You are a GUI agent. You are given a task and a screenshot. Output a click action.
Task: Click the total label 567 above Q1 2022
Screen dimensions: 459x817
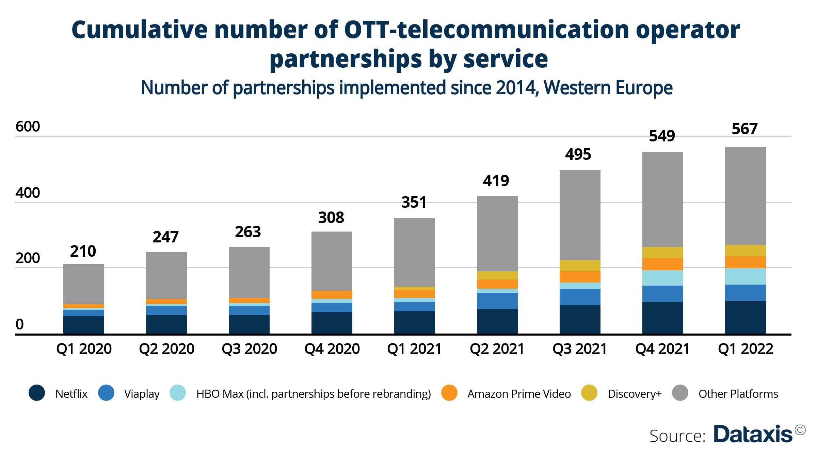click(744, 129)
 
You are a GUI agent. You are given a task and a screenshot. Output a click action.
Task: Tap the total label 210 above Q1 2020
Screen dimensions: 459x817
click(83, 252)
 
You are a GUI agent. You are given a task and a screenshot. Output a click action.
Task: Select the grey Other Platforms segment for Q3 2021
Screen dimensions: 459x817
click(580, 215)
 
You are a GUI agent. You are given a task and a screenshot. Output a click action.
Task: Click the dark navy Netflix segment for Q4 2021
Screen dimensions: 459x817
click(662, 318)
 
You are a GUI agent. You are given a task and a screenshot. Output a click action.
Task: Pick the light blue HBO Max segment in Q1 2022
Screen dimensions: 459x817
click(745, 276)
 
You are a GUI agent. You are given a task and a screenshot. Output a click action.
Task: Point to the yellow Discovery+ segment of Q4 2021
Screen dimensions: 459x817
click(662, 252)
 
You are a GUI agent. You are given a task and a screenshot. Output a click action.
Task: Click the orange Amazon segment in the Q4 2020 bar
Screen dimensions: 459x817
click(332, 295)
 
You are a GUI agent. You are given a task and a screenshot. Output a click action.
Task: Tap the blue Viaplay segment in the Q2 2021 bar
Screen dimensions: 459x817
click(497, 301)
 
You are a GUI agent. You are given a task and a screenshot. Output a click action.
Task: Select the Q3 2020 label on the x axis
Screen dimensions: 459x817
click(249, 349)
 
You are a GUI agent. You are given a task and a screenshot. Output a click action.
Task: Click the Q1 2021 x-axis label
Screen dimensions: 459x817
click(414, 349)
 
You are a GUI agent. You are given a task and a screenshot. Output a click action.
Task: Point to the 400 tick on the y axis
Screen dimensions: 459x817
click(28, 193)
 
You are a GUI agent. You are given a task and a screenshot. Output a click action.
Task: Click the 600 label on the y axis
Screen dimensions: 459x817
click(28, 127)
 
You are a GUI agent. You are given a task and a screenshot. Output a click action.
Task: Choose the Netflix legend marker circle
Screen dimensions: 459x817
click(37, 393)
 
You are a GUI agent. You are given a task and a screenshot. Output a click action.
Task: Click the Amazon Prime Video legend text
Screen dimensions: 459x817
click(519, 394)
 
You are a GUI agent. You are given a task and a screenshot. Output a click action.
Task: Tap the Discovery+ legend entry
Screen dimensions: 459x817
click(635, 394)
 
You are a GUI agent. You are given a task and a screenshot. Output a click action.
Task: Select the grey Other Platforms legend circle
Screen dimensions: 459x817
click(680, 393)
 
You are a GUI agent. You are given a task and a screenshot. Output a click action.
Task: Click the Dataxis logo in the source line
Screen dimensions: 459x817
click(753, 434)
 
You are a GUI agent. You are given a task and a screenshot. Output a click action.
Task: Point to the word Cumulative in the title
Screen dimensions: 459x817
click(140, 30)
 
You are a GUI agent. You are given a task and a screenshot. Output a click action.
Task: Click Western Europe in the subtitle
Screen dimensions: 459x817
click(608, 88)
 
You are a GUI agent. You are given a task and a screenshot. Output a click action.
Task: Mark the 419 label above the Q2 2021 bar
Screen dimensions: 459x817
click(496, 181)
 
